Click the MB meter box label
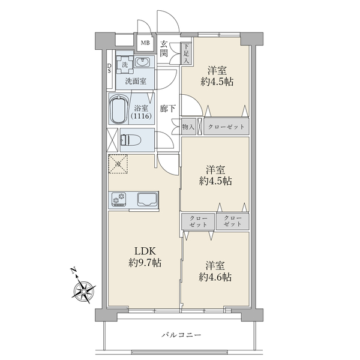tap(145, 43)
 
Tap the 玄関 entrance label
tap(164, 49)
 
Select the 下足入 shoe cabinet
tap(186, 53)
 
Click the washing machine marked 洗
tap(125, 65)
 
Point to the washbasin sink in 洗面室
tap(142, 62)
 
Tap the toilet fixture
tap(130, 140)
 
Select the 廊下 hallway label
tap(168, 109)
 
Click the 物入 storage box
tap(188, 126)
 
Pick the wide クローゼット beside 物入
tap(226, 126)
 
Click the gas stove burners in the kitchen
tap(119, 199)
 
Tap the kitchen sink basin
tap(148, 199)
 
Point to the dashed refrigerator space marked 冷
tap(118, 164)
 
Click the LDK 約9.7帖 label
tap(145, 257)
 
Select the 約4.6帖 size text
tap(215, 277)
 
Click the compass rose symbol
tap(83, 292)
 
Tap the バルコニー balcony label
tap(181, 335)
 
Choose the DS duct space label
tap(109, 68)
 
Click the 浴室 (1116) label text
tap(141, 112)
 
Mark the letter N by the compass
tap(73, 271)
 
